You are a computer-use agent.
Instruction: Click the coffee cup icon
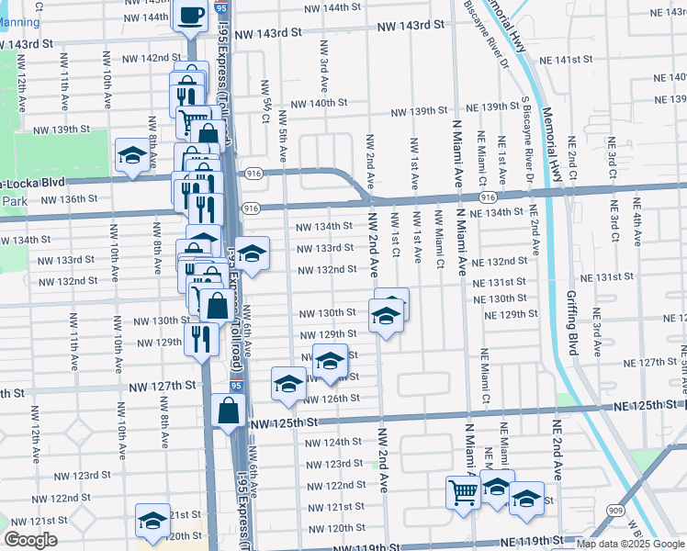pyautogui.click(x=192, y=16)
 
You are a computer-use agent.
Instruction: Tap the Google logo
pyautogui.click(x=30, y=540)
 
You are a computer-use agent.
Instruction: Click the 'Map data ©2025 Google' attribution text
pyautogui.click(x=631, y=544)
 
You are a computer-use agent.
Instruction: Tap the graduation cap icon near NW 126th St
pyautogui.click(x=288, y=383)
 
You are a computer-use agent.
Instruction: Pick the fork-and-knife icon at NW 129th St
pyautogui.click(x=199, y=338)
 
